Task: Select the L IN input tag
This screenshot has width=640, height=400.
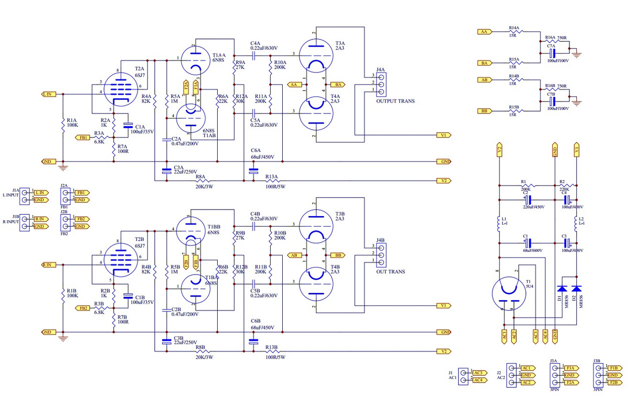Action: (49, 94)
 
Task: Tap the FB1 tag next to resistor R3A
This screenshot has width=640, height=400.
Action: (83, 137)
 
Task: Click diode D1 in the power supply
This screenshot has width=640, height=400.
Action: (561, 288)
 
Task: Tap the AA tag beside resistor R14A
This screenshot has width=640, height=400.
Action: (484, 31)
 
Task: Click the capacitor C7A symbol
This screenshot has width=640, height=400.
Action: (552, 52)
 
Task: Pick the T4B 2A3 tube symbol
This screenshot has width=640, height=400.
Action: (316, 282)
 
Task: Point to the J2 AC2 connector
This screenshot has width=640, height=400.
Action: (511, 375)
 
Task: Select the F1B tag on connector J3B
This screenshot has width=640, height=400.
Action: (614, 368)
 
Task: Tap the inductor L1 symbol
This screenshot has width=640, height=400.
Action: (498, 224)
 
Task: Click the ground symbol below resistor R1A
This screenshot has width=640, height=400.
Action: (63, 168)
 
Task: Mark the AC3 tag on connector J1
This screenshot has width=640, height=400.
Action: (478, 373)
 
